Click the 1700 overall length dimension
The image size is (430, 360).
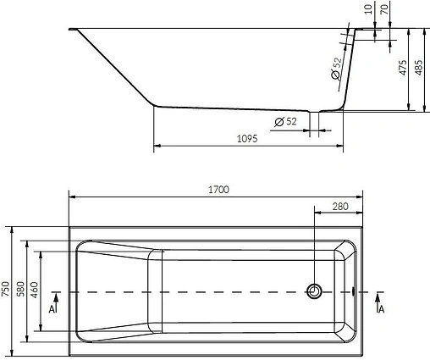(218, 190)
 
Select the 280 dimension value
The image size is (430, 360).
(340, 206)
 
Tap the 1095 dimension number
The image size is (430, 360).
(246, 138)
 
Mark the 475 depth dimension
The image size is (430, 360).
(404, 69)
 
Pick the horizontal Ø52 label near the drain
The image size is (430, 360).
(285, 123)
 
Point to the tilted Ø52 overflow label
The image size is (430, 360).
(335, 69)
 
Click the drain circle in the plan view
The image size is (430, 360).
(314, 291)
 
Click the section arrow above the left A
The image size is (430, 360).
(54, 296)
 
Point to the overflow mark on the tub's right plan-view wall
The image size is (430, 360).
(353, 291)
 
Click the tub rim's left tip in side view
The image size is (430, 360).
(72, 31)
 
